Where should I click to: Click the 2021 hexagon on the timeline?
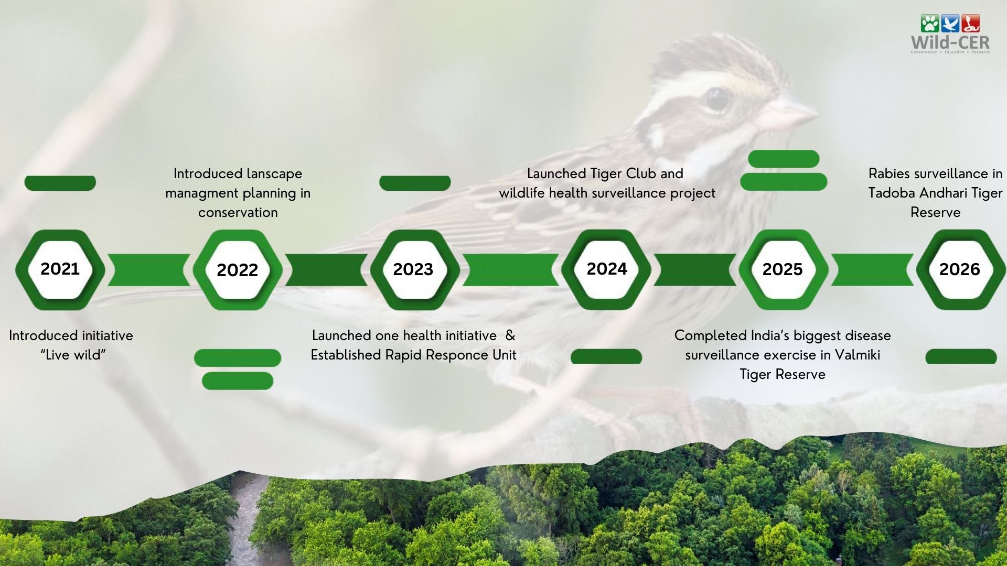(60, 269)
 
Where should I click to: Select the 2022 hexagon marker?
(238, 269)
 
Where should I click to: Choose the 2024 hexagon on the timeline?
(606, 269)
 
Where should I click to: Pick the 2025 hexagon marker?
(784, 269)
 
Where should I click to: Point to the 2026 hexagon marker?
(961, 269)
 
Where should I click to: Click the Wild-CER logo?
(950, 34)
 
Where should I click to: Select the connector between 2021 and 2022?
(149, 270)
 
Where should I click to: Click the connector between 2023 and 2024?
(511, 270)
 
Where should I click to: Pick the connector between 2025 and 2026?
(872, 270)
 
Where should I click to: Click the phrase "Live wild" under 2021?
(73, 355)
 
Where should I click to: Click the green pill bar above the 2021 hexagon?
(60, 183)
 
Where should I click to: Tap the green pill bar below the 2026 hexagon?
(961, 356)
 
